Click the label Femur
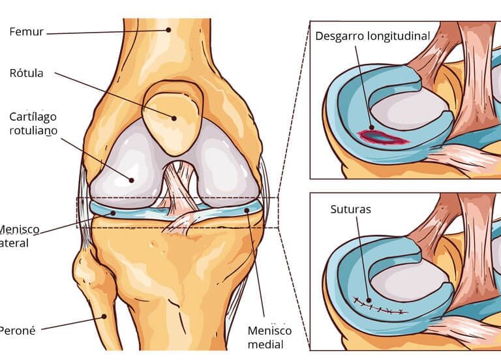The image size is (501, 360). (x=25, y=31)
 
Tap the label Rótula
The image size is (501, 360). (x=27, y=73)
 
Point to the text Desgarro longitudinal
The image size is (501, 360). (x=372, y=36)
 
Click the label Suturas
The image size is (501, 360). (x=351, y=211)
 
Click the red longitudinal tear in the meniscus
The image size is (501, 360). (x=382, y=136)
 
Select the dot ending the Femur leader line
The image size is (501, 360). (x=168, y=29)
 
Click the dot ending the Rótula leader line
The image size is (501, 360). (x=175, y=118)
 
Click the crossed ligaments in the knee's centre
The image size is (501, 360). (x=179, y=196)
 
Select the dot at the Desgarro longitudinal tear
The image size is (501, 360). (x=371, y=129)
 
